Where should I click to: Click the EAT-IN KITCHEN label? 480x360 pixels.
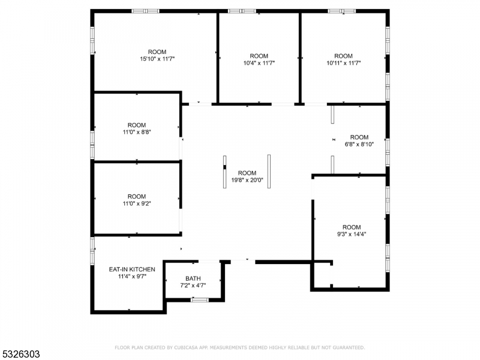click(x=132, y=269)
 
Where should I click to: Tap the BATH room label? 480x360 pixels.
click(x=193, y=278)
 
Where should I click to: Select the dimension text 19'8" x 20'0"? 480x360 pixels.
click(x=247, y=180)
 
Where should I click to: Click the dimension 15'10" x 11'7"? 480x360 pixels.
click(x=157, y=59)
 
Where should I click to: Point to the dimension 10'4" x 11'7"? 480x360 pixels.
click(x=259, y=63)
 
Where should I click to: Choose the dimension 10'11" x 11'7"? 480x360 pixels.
click(x=343, y=63)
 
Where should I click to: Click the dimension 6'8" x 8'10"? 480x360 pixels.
click(x=359, y=144)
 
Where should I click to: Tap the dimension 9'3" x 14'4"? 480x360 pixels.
click(x=352, y=234)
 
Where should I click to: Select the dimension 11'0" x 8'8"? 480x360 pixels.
click(x=137, y=132)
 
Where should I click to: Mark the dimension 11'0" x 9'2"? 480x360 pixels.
click(x=137, y=203)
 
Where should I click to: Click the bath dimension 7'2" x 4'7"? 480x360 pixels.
click(x=193, y=286)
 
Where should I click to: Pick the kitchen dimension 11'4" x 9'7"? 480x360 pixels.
click(x=132, y=277)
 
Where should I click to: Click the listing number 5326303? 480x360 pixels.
click(x=20, y=354)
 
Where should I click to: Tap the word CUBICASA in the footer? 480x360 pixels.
click(x=186, y=347)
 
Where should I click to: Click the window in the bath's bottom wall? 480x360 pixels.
click(x=200, y=299)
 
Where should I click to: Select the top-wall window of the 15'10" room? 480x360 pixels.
click(x=145, y=11)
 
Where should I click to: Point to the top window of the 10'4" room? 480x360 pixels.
click(x=242, y=11)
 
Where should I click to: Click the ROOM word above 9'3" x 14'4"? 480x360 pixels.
click(x=352, y=227)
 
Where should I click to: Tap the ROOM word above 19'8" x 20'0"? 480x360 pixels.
click(x=247, y=173)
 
